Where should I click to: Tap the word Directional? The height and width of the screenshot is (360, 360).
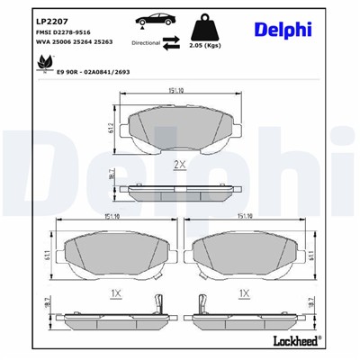coord(147,41)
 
